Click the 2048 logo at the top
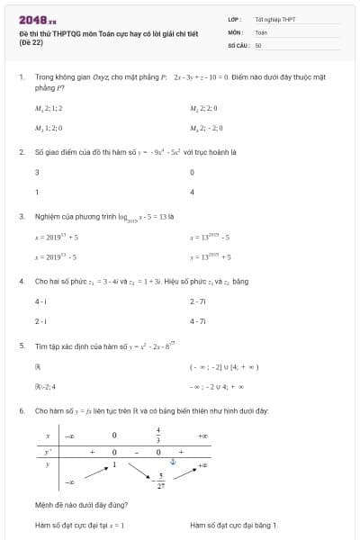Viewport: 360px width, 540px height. point(37,20)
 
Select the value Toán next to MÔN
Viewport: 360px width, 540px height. point(261,31)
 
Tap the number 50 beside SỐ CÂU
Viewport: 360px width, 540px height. point(258,44)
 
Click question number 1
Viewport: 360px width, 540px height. point(21,77)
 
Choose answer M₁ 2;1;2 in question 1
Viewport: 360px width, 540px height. point(49,108)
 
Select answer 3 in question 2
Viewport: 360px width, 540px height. point(37,172)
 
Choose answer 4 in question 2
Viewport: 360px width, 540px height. point(193,192)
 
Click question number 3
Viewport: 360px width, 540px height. point(21,216)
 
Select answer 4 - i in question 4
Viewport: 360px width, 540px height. point(41,301)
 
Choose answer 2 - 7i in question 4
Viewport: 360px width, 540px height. point(198,301)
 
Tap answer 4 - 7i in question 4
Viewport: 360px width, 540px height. point(198,320)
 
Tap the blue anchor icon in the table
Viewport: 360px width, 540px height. point(175,462)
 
